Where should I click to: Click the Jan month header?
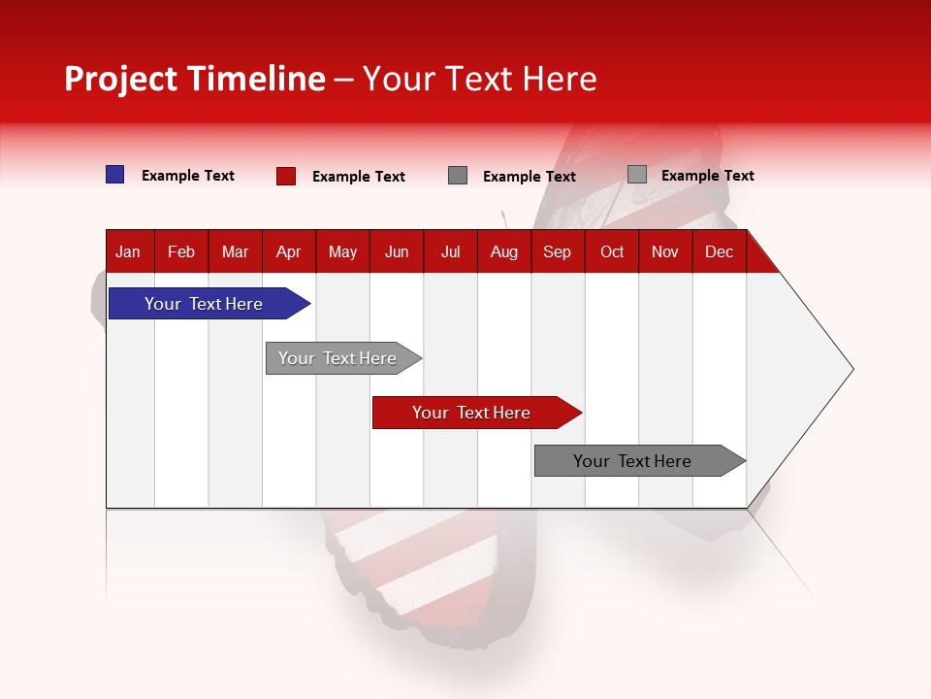click(128, 252)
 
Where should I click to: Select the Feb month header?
click(181, 252)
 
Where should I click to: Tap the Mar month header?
click(235, 252)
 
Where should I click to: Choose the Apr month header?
click(289, 252)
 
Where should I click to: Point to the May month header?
click(342, 252)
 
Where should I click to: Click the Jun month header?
click(397, 252)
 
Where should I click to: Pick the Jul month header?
click(451, 252)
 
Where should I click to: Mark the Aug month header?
click(504, 252)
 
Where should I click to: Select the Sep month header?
click(558, 252)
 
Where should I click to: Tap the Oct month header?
click(612, 252)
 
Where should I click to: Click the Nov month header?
click(665, 252)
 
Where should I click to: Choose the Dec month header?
click(720, 252)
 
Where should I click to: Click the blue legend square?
click(115, 175)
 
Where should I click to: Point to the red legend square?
click(286, 176)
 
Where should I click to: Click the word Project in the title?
click(121, 79)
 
